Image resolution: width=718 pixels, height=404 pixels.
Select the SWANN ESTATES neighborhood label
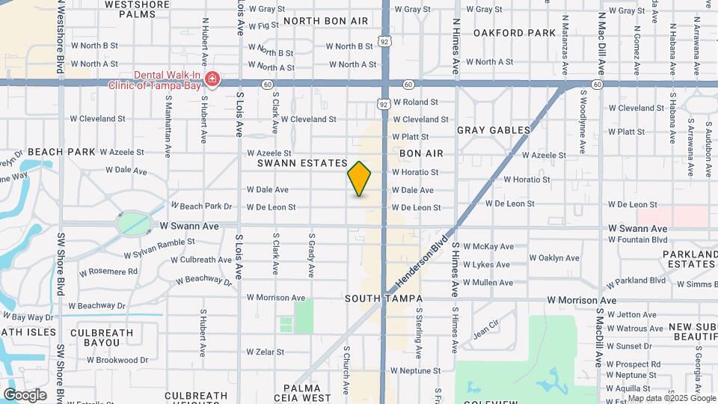303,162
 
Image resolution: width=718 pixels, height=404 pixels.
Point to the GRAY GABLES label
494,130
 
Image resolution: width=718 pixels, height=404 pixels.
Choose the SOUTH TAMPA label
380,299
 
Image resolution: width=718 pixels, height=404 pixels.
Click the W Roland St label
415,102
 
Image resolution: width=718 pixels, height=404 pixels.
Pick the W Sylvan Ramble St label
159,242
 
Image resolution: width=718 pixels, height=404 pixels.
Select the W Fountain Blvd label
637,239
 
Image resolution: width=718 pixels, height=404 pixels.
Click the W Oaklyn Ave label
554,258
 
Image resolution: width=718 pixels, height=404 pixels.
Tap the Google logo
25,395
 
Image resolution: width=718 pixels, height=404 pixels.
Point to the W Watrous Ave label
635,328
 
